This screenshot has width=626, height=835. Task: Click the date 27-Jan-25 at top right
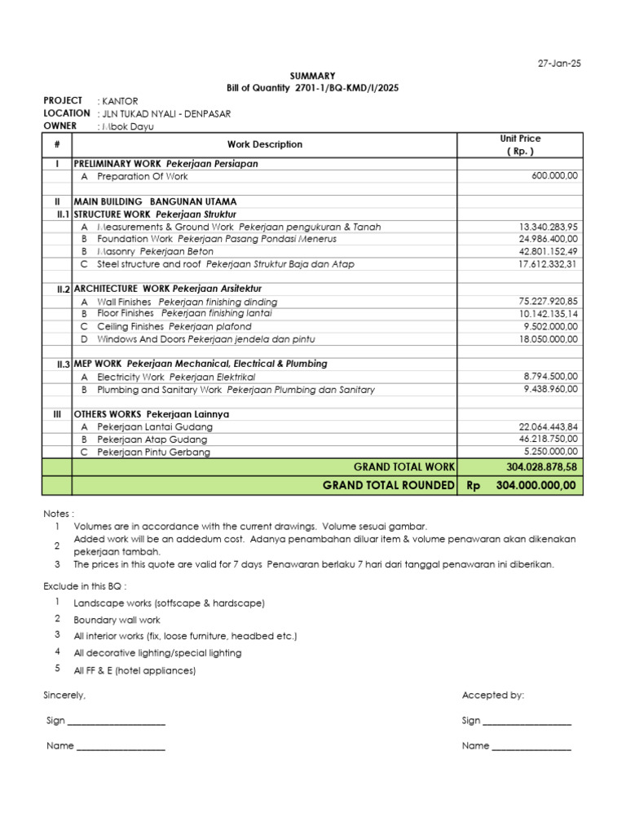559,64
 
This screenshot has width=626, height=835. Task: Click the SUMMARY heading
313,76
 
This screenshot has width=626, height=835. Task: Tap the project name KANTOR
120,101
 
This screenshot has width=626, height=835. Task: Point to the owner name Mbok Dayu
127,126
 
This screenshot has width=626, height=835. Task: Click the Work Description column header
264,144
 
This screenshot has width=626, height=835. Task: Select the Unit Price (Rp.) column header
520,144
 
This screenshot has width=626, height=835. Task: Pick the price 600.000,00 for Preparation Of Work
554,176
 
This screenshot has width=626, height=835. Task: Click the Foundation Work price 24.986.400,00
548,239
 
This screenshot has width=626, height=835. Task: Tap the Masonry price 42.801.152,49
548,251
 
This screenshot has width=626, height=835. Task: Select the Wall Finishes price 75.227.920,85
548,302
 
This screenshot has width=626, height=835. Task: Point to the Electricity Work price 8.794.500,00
550,377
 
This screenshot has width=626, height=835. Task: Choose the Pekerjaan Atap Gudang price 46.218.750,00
548,439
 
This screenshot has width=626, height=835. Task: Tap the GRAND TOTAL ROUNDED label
388,485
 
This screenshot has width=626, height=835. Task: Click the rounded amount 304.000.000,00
536,485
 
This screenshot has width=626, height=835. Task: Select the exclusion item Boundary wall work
117,620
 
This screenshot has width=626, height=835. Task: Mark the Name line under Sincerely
121,746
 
